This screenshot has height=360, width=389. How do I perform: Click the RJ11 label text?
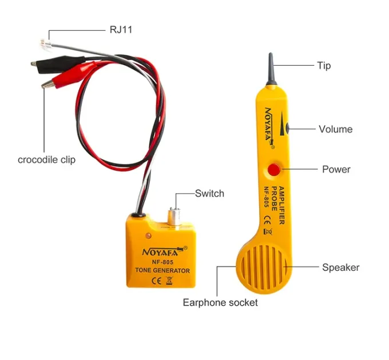121,30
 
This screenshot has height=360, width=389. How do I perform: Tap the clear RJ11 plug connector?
46,45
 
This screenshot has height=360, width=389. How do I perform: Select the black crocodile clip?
58,64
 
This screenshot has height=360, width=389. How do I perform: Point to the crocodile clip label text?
47,160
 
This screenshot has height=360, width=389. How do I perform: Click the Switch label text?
209,194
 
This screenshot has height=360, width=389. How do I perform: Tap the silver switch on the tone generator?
174,217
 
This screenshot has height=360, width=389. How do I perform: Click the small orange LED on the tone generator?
148,235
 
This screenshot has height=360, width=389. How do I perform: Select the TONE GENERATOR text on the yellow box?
162,270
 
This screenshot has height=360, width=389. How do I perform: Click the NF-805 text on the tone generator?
162,262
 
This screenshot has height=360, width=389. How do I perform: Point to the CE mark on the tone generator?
156,281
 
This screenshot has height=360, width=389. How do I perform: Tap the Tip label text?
324,66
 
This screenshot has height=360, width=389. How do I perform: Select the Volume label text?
335,129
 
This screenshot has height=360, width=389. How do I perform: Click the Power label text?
336,170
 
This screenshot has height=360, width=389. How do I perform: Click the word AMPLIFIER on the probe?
281,205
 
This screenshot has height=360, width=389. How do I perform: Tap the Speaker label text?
340,267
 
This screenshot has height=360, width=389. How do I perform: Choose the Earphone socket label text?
220,302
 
